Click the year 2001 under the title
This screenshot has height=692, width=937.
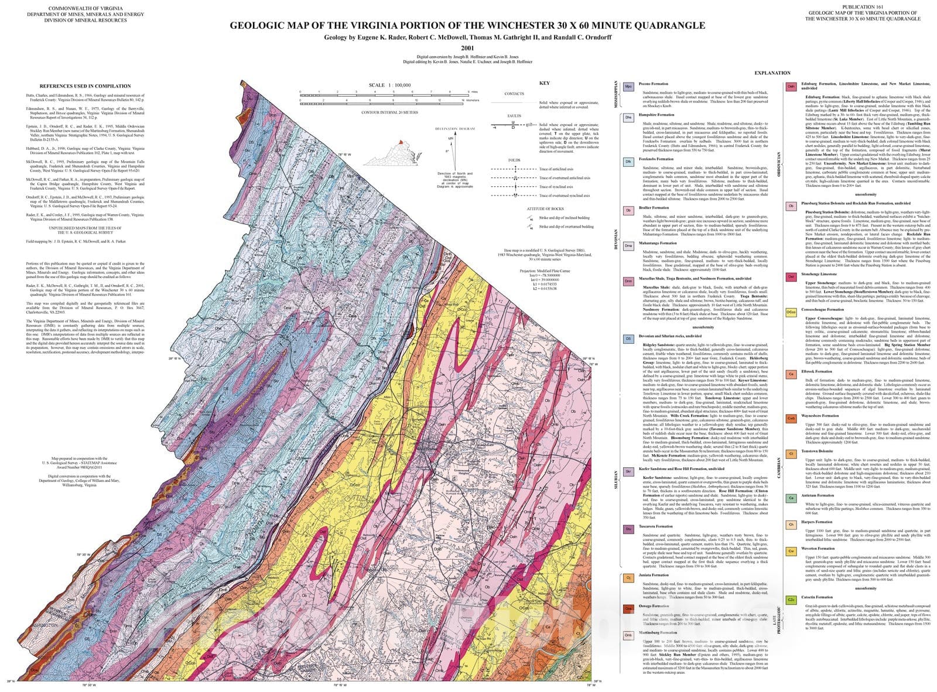pyautogui.click(x=467, y=48)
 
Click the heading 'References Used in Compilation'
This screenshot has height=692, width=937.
pyautogui.click(x=81, y=86)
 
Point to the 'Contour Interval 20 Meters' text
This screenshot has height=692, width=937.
pyautogui.click(x=389, y=112)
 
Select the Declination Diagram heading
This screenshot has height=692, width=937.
pyautogui.click(x=454, y=128)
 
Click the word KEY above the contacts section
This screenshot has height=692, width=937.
pyautogui.click(x=544, y=83)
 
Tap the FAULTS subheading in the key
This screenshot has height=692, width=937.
pyautogui.click(x=514, y=116)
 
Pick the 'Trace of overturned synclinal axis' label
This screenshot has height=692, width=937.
pyautogui.click(x=564, y=196)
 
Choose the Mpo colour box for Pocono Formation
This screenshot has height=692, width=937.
pyautogui.click(x=628, y=86)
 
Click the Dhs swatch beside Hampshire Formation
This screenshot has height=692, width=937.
pyautogui.click(x=628, y=118)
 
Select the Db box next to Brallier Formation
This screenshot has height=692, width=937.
pyautogui.click(x=628, y=210)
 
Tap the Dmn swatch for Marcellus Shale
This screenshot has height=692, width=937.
pyautogui.click(x=628, y=282)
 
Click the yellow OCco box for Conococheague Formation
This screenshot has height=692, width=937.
pyautogui.click(x=791, y=313)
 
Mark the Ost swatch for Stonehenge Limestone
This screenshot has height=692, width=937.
pyautogui.click(x=791, y=277)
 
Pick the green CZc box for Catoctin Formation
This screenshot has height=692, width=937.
pyautogui.click(x=791, y=600)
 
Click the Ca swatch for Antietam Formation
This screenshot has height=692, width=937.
pyautogui.click(x=791, y=498)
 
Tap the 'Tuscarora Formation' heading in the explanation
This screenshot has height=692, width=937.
pyautogui.click(x=656, y=526)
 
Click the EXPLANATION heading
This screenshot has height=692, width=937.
pyautogui.click(x=772, y=73)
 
